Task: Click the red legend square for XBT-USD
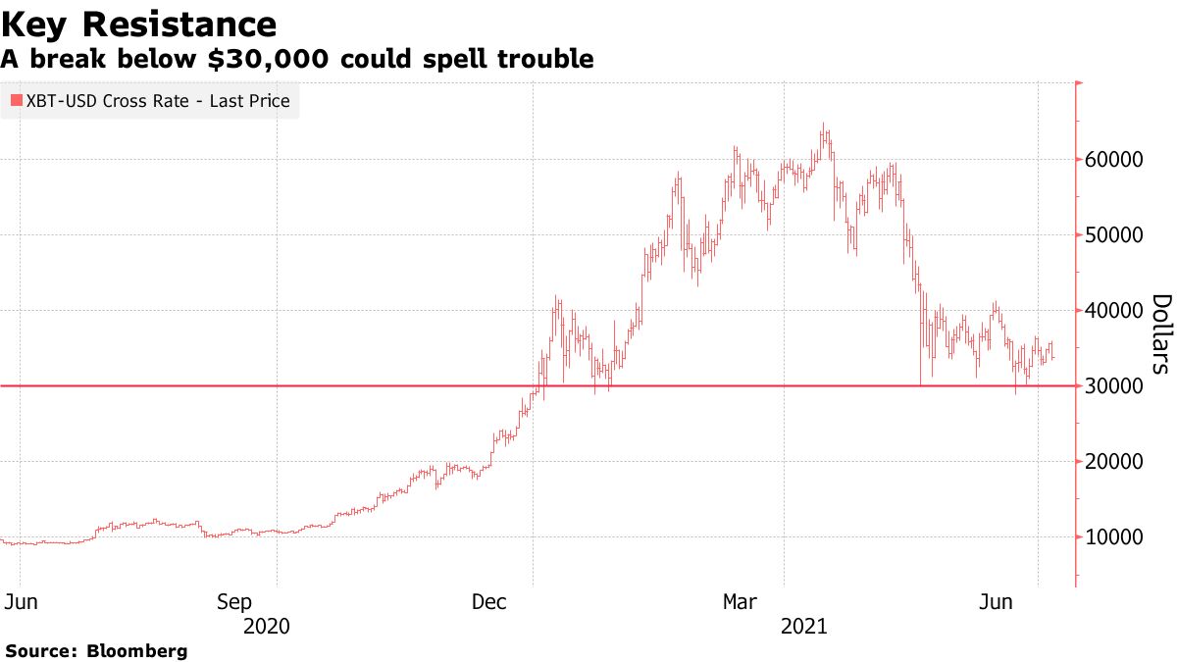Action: coord(16,100)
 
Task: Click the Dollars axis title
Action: coord(1159,333)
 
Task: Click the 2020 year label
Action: coord(267,626)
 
